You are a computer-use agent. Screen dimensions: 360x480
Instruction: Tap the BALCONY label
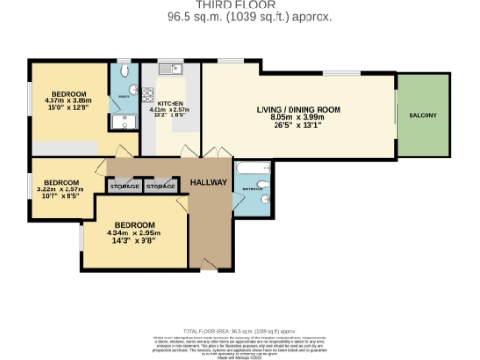(422, 114)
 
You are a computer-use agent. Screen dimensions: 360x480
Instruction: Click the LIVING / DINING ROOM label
(298, 109)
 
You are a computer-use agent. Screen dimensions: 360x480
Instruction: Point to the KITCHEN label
(172, 103)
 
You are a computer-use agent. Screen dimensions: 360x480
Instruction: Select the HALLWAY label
(208, 181)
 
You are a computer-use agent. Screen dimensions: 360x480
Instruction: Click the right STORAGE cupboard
(161, 187)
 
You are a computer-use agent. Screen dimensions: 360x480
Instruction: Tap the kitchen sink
(168, 68)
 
